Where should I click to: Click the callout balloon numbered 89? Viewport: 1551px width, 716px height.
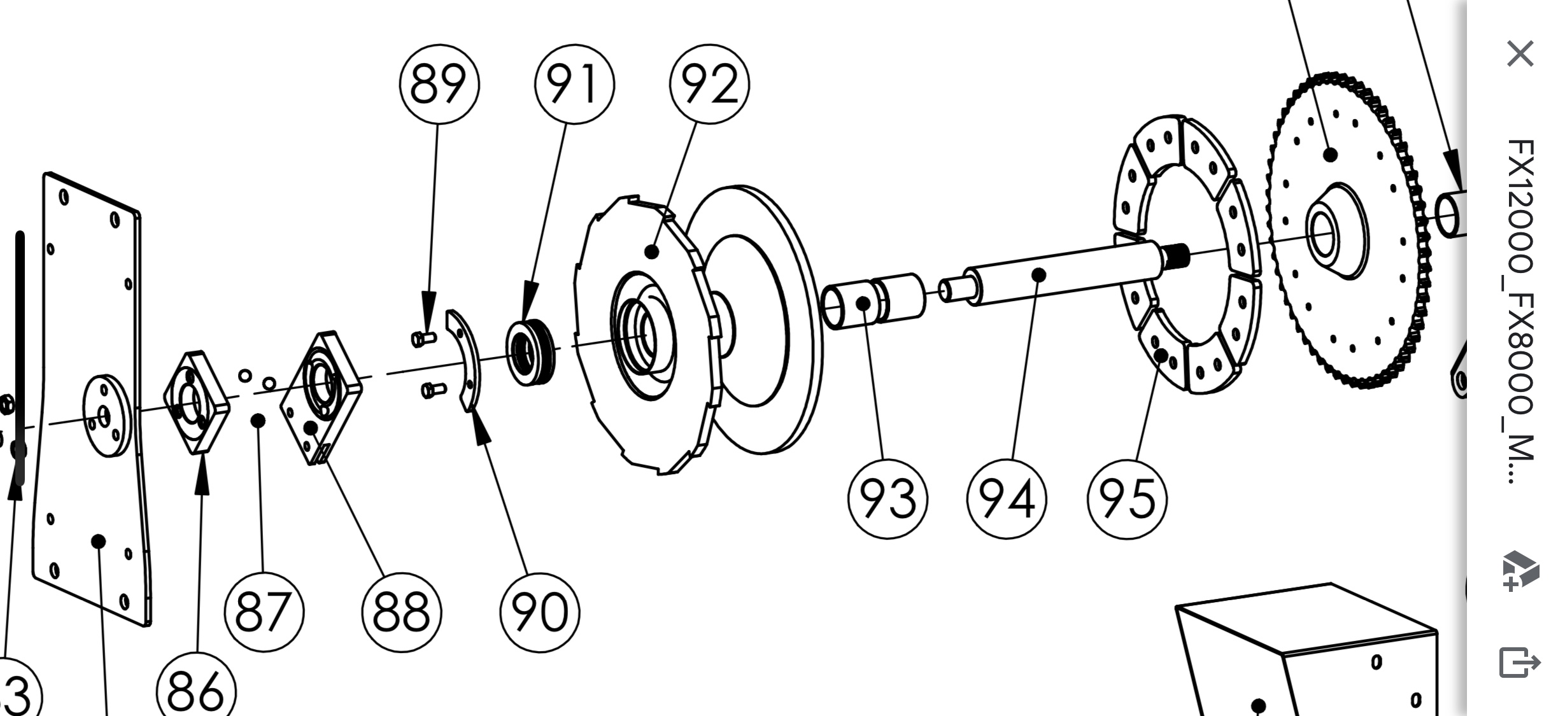coord(439,85)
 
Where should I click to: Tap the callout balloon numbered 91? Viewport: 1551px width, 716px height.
coord(574,85)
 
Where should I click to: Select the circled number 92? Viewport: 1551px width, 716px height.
coord(709,85)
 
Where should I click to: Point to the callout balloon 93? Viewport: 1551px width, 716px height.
coord(888,498)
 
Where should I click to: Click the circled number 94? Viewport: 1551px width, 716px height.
coord(1006,498)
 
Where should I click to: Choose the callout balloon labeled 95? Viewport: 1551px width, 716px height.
coord(1127,498)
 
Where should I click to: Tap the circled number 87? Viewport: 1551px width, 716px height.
coord(264,612)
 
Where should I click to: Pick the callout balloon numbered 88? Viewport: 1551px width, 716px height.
coord(401,612)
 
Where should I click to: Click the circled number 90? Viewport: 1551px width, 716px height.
coord(540,612)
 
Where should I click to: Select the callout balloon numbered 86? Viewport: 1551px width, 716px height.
coord(196,691)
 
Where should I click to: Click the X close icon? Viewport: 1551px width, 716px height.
coord(1520,53)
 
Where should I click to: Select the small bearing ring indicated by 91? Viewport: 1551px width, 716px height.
coord(530,351)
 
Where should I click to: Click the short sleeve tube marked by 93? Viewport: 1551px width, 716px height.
coord(872,302)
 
